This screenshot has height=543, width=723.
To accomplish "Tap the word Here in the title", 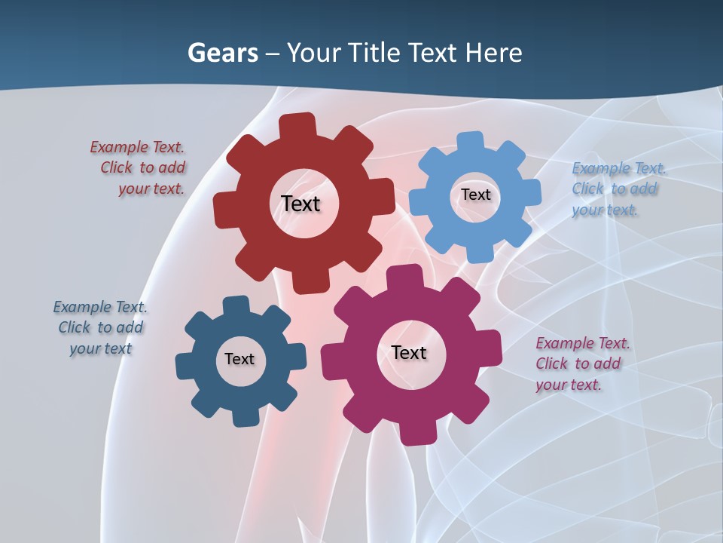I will [493, 53].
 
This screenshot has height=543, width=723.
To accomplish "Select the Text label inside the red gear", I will [300, 204].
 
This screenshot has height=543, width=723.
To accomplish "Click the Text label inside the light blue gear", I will [475, 195].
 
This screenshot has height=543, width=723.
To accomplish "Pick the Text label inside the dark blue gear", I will [239, 359].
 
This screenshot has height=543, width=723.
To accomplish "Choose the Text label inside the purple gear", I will [409, 352].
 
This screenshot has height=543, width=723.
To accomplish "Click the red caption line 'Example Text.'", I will [137, 147].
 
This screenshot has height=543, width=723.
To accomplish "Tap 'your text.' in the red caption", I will [151, 189].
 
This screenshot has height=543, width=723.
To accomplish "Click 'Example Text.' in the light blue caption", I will [619, 168].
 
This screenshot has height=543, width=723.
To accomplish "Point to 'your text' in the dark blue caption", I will [101, 348].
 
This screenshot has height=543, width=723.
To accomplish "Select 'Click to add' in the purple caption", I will [578, 364].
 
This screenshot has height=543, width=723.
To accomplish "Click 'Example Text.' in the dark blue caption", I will [100, 307].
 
